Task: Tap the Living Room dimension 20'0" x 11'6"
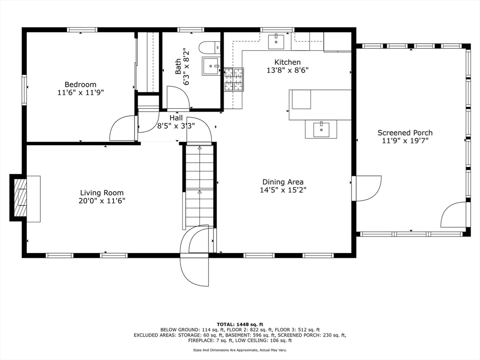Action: click(102, 201)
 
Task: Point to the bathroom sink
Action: click(211, 66)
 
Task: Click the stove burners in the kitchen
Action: click(234, 79)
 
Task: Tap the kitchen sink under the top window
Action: click(276, 42)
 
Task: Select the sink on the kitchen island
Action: click(321, 129)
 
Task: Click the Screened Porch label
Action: click(405, 133)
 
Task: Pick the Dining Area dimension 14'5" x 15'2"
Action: click(283, 190)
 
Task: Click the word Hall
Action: click(176, 118)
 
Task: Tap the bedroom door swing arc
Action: click(122, 128)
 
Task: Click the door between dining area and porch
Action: click(367, 187)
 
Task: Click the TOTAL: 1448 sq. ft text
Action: click(240, 324)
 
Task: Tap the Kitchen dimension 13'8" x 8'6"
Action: click(287, 70)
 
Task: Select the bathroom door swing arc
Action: click(179, 98)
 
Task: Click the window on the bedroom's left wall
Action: click(24, 90)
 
